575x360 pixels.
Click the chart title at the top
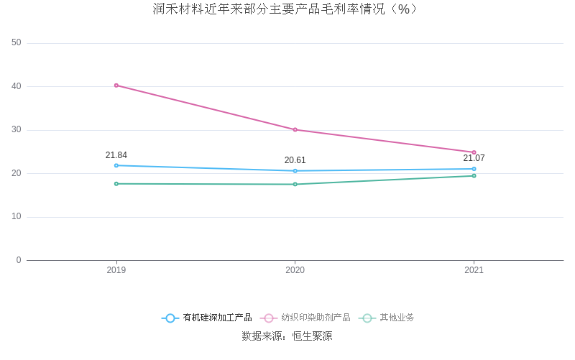[285, 9]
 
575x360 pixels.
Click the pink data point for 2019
[116, 86]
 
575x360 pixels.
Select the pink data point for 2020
[295, 130]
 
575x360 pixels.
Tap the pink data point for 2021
[474, 152]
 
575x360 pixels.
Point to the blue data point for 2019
[116, 165]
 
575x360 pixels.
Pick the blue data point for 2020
[295, 171]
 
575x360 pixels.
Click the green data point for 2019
[116, 184]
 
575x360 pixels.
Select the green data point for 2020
[295, 185]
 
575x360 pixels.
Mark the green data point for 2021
[474, 176]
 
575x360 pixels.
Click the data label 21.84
[116, 155]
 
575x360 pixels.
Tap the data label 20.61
[295, 160]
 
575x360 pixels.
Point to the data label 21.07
[474, 158]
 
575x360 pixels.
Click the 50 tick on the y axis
[17, 43]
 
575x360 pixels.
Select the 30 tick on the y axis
[17, 130]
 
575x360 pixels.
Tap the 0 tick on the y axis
[19, 260]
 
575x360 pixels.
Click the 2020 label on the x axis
[295, 270]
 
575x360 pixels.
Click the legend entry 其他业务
[388, 318]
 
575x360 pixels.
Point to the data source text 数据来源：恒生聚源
[287, 336]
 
